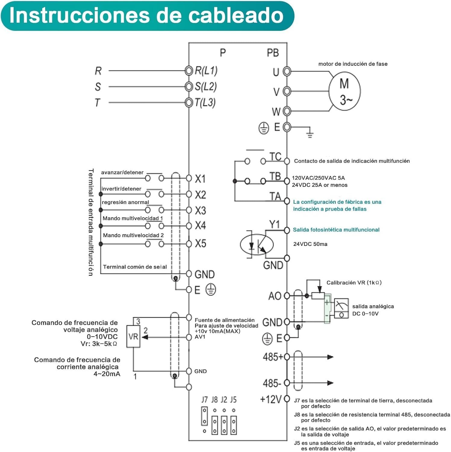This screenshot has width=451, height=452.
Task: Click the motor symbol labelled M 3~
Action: (344, 91)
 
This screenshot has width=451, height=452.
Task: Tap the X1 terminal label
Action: (200, 179)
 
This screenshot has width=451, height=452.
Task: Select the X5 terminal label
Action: (201, 243)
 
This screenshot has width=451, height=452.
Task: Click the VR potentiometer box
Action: (133, 336)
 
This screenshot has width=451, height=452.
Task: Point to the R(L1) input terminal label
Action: (206, 71)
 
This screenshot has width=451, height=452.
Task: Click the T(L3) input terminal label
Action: (205, 102)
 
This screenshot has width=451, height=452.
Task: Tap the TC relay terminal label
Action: (275, 157)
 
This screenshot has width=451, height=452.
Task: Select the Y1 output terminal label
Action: (274, 224)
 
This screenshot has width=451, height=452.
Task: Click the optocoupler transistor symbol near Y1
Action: (257, 244)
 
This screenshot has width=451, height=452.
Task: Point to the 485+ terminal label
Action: (273, 357)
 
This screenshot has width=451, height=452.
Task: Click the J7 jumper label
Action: (204, 400)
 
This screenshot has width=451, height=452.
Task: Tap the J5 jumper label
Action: (233, 400)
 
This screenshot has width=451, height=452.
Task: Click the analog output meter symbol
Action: (341, 308)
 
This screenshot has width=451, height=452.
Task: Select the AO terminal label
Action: (275, 296)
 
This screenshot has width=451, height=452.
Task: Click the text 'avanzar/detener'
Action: (122, 172)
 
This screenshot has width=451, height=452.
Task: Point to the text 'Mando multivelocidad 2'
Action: (133, 235)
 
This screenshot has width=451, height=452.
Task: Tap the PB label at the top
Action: (273, 53)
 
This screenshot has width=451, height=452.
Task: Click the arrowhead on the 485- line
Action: (330, 383)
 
